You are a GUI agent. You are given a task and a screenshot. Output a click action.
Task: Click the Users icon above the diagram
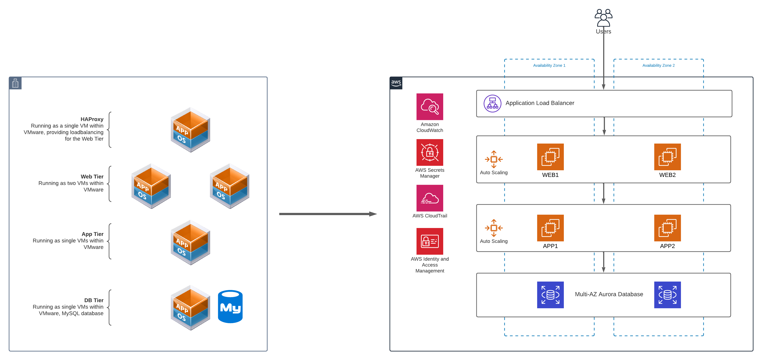(603, 18)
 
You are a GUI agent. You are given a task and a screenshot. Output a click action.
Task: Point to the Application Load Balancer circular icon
(492, 104)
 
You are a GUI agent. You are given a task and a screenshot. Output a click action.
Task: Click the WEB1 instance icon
(550, 157)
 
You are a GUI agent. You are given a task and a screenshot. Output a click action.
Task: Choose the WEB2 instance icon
(667, 157)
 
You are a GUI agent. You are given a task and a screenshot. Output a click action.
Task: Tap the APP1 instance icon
(550, 228)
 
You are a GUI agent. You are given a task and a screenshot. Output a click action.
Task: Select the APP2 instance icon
(667, 228)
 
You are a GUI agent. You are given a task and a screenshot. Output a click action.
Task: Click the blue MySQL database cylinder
(230, 306)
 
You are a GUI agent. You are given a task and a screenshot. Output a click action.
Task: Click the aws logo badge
(396, 83)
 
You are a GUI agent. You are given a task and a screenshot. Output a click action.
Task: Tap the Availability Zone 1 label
(549, 65)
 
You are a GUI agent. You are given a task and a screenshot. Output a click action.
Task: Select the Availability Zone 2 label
(658, 65)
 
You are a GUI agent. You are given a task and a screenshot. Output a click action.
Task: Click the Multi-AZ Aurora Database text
(609, 294)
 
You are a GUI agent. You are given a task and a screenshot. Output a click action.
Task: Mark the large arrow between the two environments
(327, 214)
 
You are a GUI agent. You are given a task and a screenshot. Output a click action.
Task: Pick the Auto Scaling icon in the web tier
(494, 159)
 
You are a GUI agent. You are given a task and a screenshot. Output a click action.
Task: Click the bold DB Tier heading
(94, 300)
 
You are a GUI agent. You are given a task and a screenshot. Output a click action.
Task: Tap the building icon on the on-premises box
(15, 83)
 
